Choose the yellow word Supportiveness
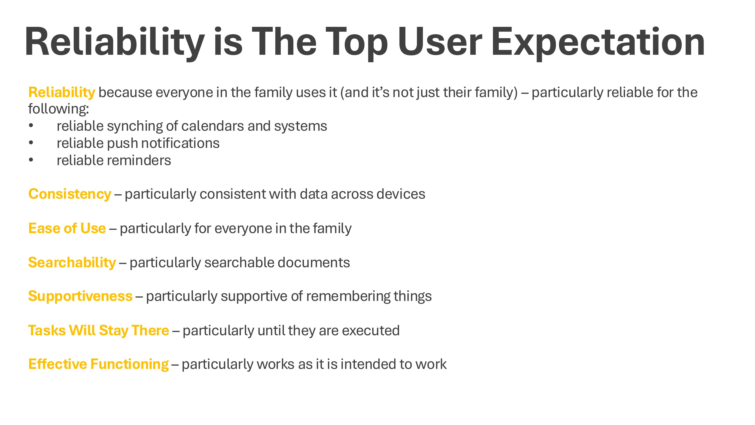click(80, 296)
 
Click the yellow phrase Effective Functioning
click(99, 364)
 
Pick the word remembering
click(348, 297)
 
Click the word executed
click(371, 331)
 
